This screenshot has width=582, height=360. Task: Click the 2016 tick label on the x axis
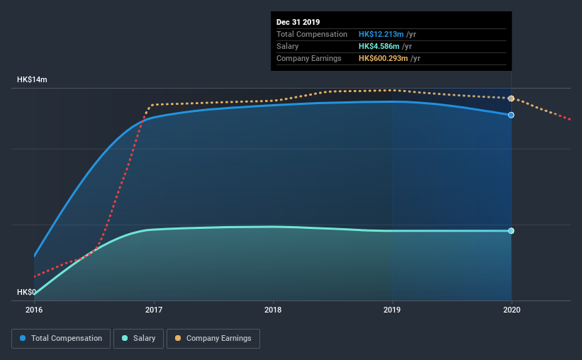click(34, 310)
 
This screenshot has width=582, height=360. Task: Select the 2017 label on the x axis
click(153, 310)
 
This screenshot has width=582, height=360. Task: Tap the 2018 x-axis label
click(273, 310)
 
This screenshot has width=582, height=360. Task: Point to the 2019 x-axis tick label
click(392, 310)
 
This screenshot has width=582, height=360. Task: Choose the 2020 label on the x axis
click(511, 310)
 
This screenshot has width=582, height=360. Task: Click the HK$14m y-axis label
click(32, 80)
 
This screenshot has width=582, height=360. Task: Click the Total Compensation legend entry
click(61, 339)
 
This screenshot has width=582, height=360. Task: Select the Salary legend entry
click(140, 339)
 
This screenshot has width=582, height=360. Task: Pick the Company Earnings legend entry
click(213, 339)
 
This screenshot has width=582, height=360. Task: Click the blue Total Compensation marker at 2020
click(511, 115)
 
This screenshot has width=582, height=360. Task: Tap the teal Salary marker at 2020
click(511, 231)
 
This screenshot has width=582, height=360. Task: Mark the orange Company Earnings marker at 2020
click(511, 99)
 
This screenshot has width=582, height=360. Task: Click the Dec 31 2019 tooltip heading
click(298, 22)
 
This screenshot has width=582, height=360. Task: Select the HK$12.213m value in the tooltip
click(381, 34)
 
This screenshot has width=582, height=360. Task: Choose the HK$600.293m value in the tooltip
click(384, 58)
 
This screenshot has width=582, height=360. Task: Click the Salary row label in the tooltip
click(288, 46)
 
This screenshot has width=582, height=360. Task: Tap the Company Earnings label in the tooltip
click(309, 58)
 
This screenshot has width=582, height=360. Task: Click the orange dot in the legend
click(178, 339)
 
